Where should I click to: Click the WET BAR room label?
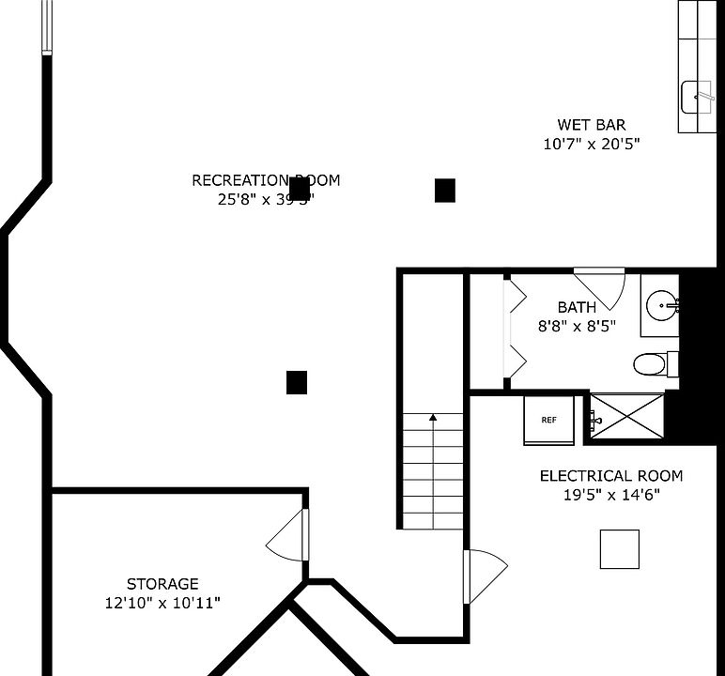[x=591, y=125]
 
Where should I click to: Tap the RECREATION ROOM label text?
[x=266, y=180]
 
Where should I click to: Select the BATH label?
[x=577, y=307]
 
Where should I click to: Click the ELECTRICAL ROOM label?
[x=610, y=476]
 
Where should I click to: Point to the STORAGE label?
[x=162, y=584]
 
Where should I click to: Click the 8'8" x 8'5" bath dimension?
[x=577, y=327]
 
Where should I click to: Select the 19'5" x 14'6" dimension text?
[x=610, y=495]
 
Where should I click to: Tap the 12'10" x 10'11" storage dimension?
[x=162, y=603]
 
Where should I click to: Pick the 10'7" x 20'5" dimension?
[x=591, y=145]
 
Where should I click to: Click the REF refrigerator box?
[x=548, y=420]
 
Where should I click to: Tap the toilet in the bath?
[x=650, y=362]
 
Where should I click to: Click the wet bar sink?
[x=697, y=95]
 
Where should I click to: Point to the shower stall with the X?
[x=627, y=416]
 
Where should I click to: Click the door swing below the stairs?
[x=486, y=574]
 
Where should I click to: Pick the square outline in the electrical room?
[x=620, y=549]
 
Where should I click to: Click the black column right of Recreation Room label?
[x=445, y=191]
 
